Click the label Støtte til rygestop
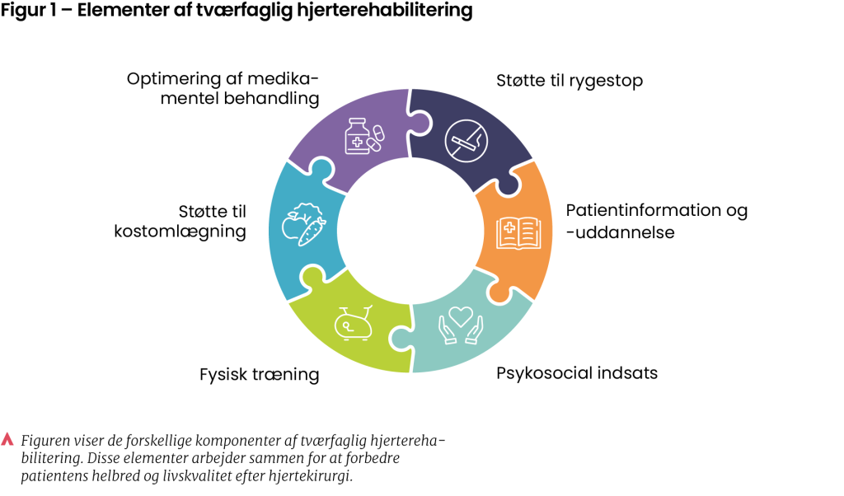569,81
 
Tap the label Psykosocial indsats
577,373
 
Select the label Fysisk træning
259,375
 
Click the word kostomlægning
180,232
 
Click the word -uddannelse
620,232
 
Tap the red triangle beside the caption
8,439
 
